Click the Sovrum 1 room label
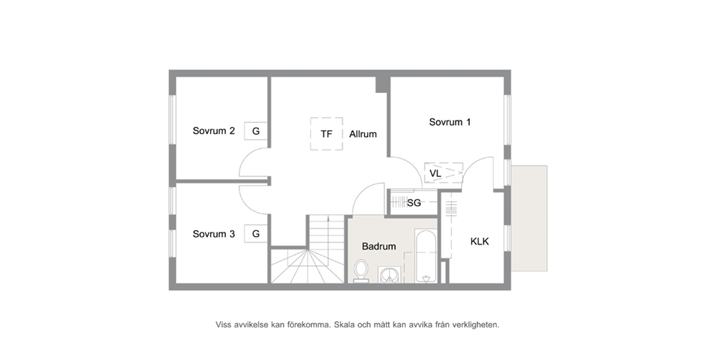coord(450,122)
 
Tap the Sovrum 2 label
coord(214,131)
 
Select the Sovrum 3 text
coord(214,234)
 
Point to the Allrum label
coord(363,134)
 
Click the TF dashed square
coord(326,133)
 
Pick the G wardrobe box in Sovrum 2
coord(256,131)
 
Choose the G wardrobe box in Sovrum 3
coord(256,234)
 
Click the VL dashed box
coord(443,173)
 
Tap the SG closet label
coord(414,203)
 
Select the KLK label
coord(479,242)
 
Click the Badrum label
coord(378,247)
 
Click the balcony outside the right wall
coord(529,218)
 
